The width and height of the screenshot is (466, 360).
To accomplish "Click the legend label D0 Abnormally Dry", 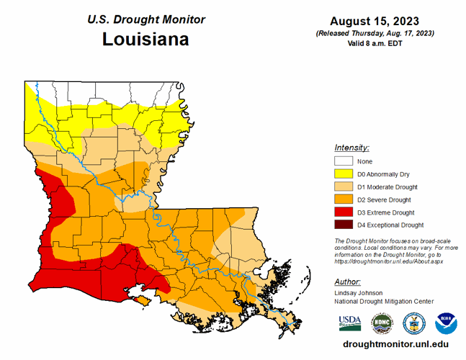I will pos(383,174).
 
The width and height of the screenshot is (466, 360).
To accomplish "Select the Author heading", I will pos(348,282).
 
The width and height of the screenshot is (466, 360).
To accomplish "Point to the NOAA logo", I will pos(445,321).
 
